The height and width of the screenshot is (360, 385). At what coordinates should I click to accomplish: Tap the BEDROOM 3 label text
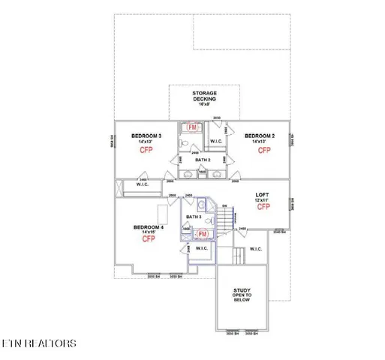(x=146, y=136)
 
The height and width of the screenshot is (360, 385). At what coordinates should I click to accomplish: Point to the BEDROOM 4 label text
(x=148, y=226)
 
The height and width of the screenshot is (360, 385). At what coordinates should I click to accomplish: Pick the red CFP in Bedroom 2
(x=264, y=150)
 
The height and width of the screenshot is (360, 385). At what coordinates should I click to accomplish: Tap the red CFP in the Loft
(x=263, y=206)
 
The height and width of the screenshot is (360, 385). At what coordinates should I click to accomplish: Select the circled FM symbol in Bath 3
(x=203, y=234)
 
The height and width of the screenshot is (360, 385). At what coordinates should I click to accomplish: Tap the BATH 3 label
(x=194, y=217)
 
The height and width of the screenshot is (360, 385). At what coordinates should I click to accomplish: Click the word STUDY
(x=242, y=290)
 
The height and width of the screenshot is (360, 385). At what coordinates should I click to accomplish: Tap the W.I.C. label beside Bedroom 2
(x=216, y=141)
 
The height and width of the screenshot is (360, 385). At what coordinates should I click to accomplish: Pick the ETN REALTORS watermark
(x=38, y=343)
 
